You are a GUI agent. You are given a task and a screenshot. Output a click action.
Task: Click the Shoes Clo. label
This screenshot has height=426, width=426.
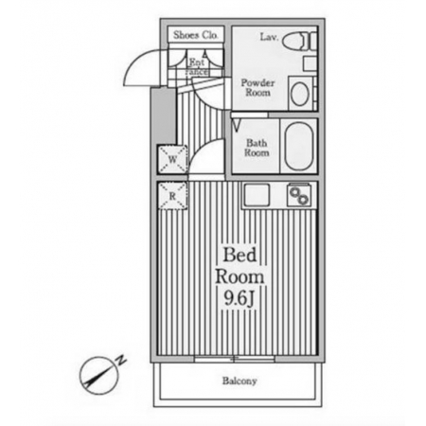point(196,35)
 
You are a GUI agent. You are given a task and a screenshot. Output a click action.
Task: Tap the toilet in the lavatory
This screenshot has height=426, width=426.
point(299,42)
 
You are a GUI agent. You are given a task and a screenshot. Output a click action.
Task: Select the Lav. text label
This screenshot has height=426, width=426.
point(269,37)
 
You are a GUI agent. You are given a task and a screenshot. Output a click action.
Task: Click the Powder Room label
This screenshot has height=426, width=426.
point(257,87)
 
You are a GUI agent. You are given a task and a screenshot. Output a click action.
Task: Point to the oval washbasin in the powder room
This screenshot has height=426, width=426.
point(299,94)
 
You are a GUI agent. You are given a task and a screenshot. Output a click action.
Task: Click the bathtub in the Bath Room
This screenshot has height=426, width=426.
point(298,146)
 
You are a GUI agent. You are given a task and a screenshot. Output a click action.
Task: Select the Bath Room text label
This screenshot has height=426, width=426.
point(257,148)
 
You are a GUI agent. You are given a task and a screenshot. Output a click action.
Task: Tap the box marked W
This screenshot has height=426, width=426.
point(172,159)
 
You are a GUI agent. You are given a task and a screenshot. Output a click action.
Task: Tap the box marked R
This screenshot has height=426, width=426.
point(172,196)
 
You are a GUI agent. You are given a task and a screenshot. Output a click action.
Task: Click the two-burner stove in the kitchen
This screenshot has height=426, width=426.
point(299,195)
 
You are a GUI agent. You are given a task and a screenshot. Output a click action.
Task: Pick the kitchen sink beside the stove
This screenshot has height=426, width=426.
point(256,195)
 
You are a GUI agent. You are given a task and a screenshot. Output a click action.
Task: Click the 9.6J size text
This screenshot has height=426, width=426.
point(240,298)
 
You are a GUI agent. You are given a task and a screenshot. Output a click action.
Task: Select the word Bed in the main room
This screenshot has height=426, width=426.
point(240,255)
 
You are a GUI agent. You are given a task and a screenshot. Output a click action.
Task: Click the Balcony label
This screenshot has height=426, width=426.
point(240,381)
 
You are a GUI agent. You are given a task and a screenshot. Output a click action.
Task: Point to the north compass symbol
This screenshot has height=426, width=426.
point(99,376)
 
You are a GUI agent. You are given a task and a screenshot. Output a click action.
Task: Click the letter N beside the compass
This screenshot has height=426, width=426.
point(121,361)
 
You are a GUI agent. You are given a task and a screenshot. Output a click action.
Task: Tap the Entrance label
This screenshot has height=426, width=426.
point(197,67)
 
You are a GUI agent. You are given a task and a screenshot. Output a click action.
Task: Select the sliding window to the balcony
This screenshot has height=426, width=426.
point(234,359)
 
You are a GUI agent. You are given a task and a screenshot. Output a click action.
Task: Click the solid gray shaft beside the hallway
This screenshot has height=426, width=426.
point(163,115)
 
